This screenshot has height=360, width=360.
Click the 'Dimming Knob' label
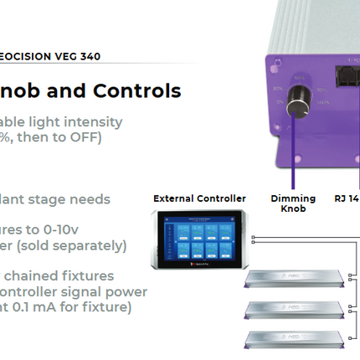click(x=294, y=203)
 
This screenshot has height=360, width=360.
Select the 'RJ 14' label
click(x=346, y=198)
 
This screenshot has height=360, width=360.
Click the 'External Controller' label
click(x=199, y=198)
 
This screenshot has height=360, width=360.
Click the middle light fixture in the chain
click(x=294, y=309)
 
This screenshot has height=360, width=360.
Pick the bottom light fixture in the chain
click(x=294, y=340)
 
